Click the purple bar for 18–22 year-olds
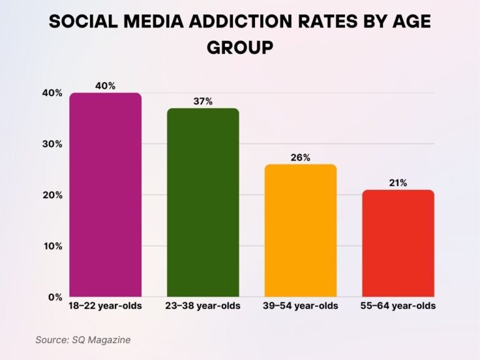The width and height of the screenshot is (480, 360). tap(105, 194)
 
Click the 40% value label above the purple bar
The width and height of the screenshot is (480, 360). tap(105, 86)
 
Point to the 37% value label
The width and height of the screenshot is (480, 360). tap(202, 101)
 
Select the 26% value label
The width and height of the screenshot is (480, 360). tap(300, 157)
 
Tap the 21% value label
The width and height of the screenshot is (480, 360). tap(398, 182)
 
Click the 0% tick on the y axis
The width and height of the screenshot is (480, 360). tap(54, 297)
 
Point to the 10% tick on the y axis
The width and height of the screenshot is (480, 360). tap(52, 246)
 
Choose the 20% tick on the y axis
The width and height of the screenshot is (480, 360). tap(52, 195)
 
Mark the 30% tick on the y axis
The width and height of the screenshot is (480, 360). tap(52, 144)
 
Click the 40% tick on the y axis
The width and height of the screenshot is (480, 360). tap(52, 93)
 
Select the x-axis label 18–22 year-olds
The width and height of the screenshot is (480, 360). tap(105, 306)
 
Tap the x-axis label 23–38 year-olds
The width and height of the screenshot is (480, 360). tap(202, 306)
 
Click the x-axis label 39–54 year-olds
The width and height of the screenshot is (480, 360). tap(300, 306)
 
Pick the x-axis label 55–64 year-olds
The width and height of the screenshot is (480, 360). tap(398, 306)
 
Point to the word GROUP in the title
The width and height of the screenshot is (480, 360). tap(240, 47)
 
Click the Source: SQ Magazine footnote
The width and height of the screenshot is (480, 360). tap(82, 339)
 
